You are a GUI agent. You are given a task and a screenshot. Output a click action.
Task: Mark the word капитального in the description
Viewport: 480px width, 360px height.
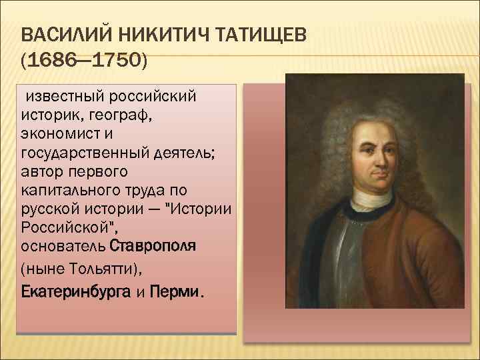tap(71, 190)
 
